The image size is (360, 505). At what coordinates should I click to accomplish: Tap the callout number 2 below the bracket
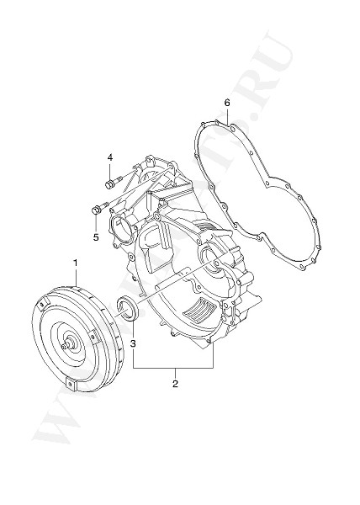pyautogui.click(x=174, y=384)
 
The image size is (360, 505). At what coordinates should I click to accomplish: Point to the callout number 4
pyautogui.click(x=109, y=157)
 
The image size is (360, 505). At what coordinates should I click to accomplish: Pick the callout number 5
pyautogui.click(x=96, y=237)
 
